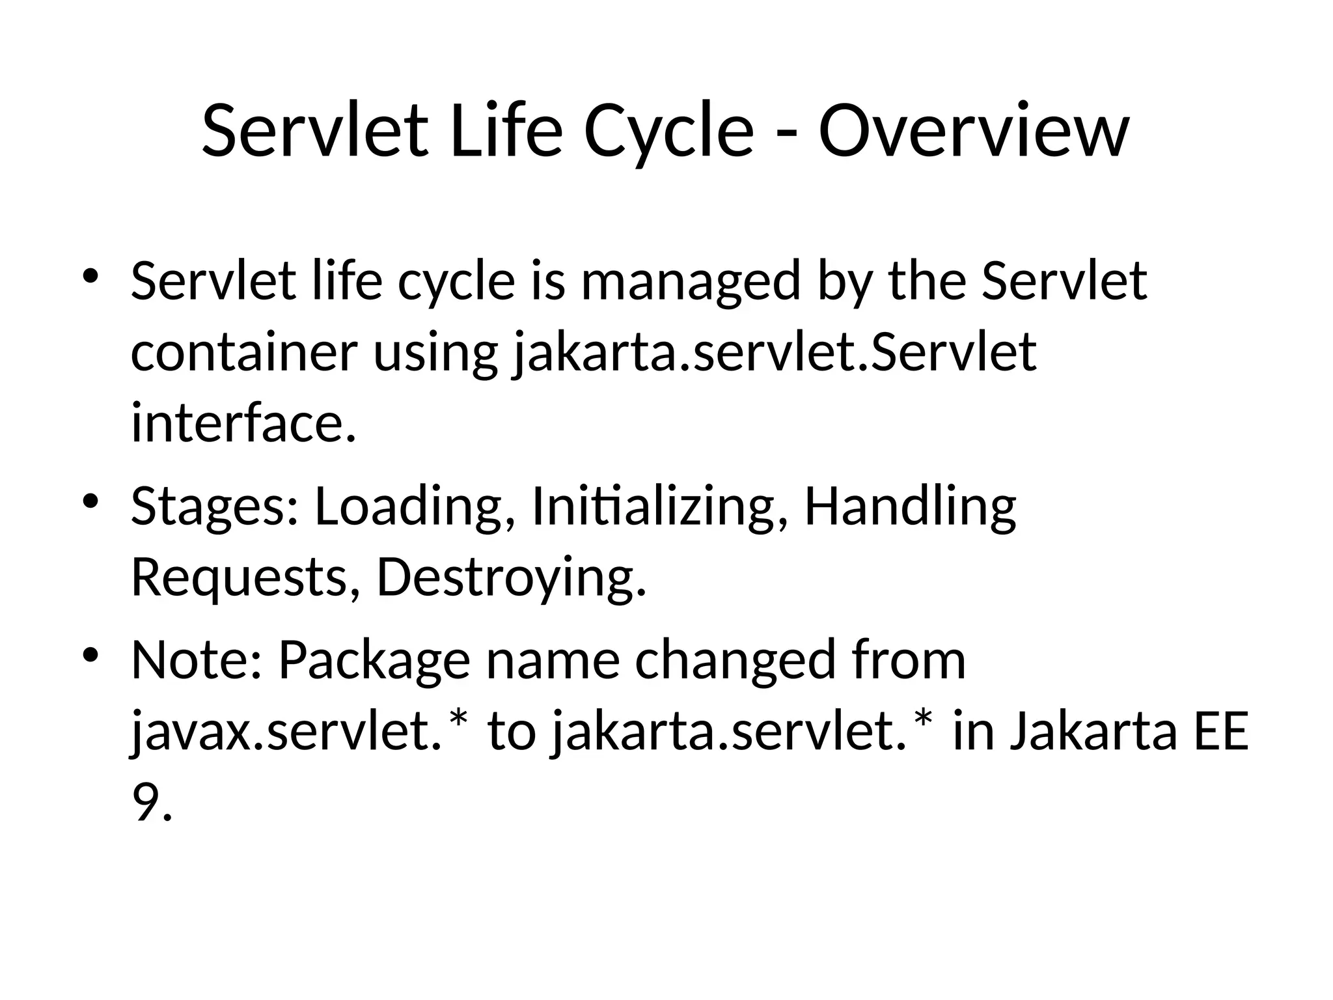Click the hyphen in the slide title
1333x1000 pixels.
click(786, 134)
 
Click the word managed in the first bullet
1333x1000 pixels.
click(690, 281)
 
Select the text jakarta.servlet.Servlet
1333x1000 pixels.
click(775, 353)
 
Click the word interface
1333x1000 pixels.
click(243, 423)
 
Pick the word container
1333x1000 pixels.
click(244, 353)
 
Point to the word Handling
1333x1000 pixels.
click(910, 508)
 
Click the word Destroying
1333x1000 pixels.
click(512, 578)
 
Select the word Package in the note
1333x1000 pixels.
click(374, 660)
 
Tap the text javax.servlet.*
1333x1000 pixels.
click(300, 732)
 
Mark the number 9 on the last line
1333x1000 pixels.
click(145, 802)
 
